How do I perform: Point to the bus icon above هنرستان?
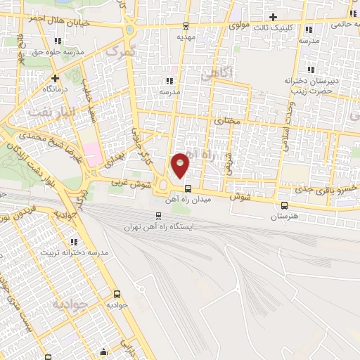pos(284,205)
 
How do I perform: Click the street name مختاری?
pos(226,120)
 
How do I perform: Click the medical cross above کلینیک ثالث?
pos(273,17)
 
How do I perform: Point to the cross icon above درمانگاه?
pos(55,78)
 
